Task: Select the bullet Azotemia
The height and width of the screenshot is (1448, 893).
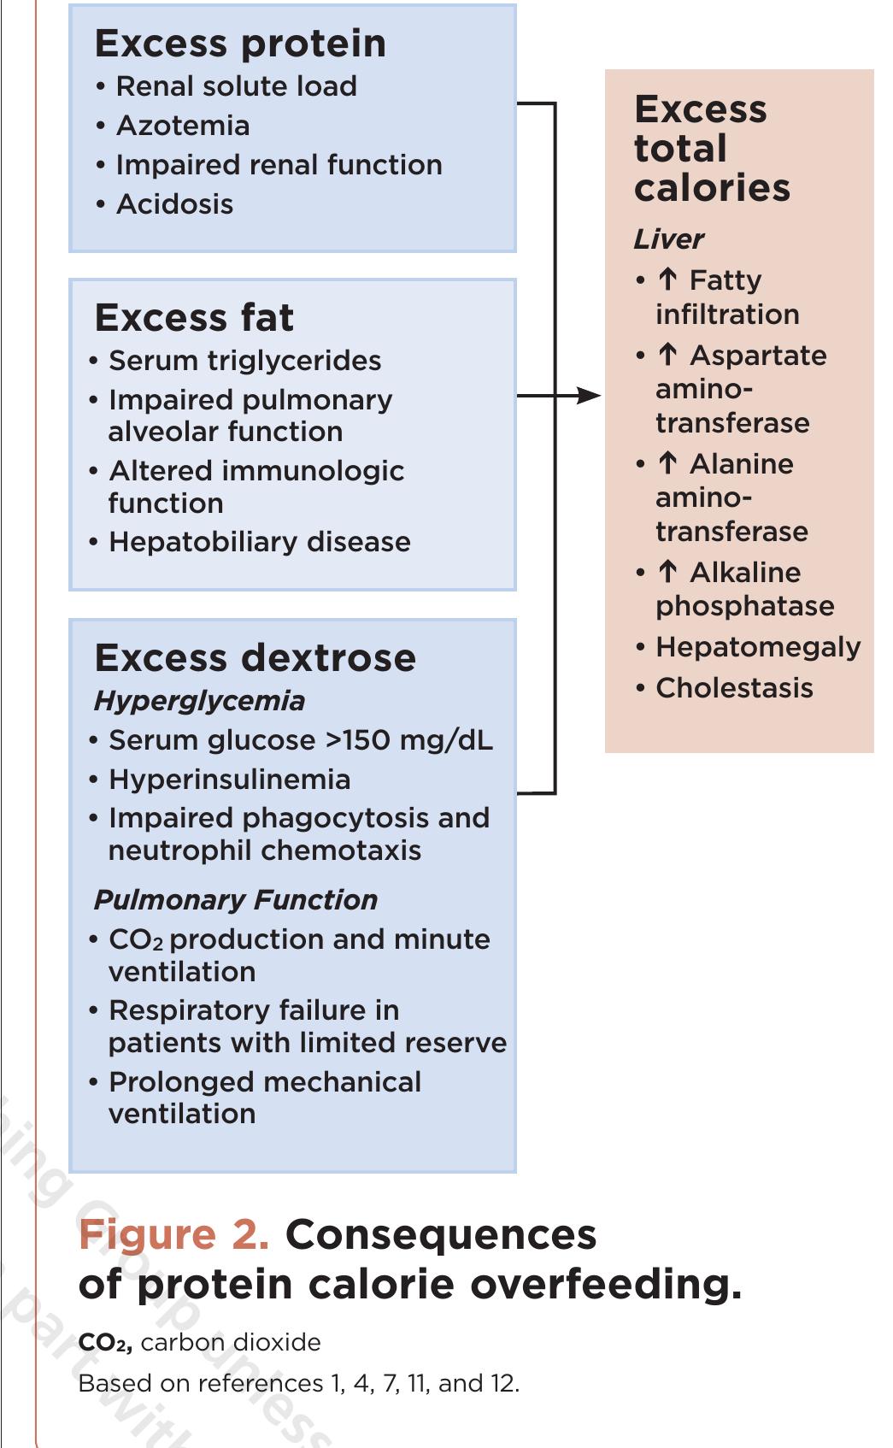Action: click(x=182, y=126)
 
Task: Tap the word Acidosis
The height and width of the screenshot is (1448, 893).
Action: click(x=174, y=204)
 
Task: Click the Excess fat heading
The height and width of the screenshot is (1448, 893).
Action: click(x=194, y=318)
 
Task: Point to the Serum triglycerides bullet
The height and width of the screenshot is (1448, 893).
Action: click(x=244, y=361)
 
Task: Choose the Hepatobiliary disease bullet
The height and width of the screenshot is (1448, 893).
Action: click(x=259, y=542)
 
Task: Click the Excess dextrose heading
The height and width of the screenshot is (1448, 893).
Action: click(x=255, y=658)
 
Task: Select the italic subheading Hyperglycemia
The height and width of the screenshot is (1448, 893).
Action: click(x=199, y=701)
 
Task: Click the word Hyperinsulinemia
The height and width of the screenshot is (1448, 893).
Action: click(x=229, y=780)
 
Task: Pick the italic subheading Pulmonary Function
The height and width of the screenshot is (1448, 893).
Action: click(x=235, y=900)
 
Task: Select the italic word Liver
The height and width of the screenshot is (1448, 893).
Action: click(x=668, y=239)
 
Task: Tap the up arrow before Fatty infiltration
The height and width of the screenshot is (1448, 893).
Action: click(x=667, y=280)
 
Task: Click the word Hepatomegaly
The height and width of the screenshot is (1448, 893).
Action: click(x=757, y=647)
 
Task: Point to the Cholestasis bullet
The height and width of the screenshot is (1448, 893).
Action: click(x=733, y=688)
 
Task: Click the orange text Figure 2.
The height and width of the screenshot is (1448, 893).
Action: click(x=173, y=1234)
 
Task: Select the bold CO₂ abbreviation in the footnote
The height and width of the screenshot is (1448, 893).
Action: click(x=104, y=1343)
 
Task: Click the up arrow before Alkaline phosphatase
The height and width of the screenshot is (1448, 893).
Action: click(x=667, y=572)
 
